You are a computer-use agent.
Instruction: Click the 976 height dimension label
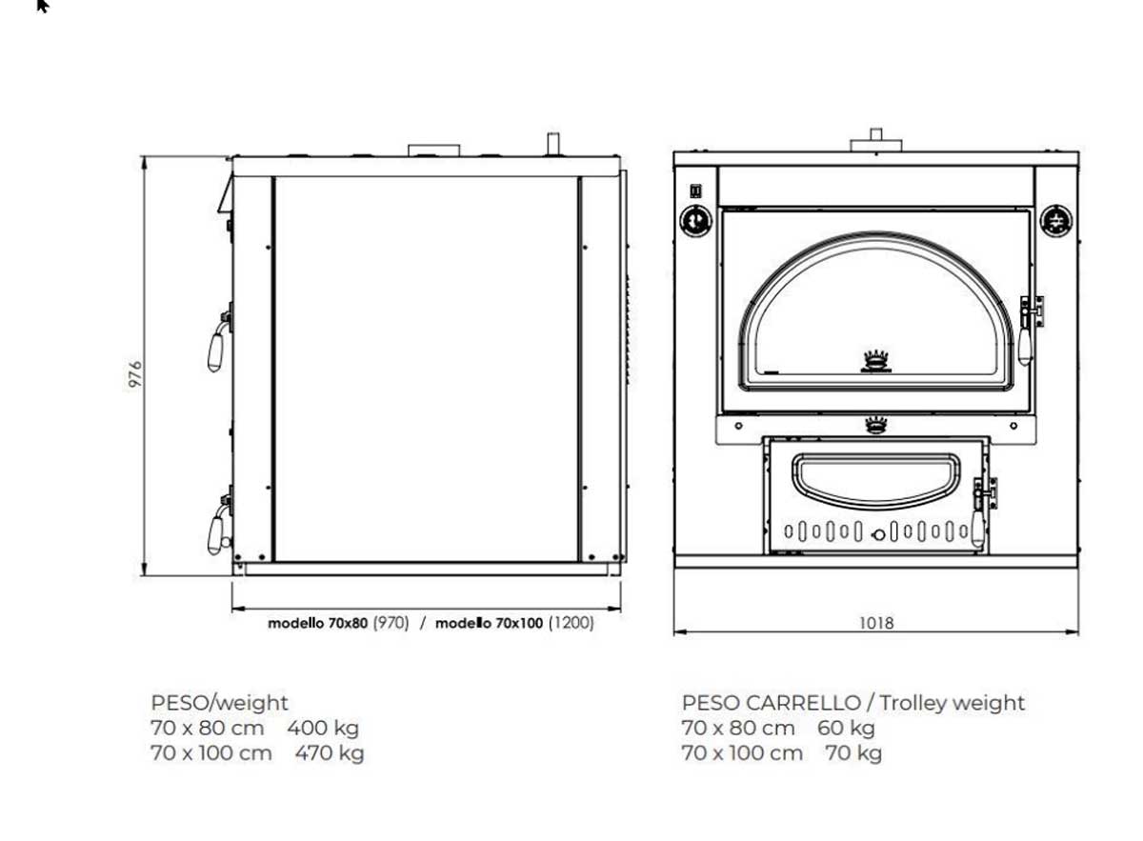coord(135,374)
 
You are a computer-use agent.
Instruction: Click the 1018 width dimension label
coord(876,623)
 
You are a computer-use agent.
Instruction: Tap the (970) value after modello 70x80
coord(391,623)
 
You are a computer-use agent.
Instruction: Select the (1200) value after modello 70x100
coord(571,623)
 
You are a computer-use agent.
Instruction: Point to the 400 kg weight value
coord(323,729)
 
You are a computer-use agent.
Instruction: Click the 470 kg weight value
coord(330,753)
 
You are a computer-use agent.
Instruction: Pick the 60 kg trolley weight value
coord(846,729)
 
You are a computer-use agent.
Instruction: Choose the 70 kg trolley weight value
coord(853,753)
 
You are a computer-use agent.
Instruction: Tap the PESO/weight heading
coord(219,703)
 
